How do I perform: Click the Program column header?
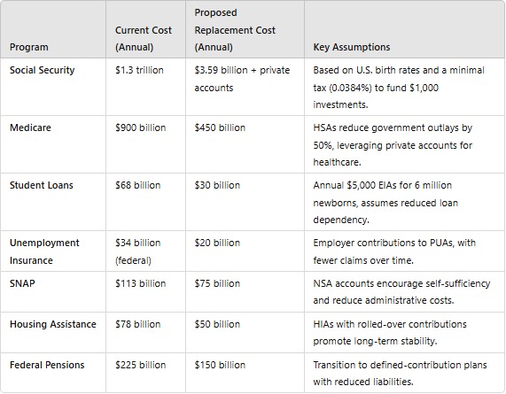(x=29, y=47)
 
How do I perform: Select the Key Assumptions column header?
(x=352, y=47)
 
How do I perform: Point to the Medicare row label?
(x=31, y=127)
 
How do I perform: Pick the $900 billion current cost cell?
(x=141, y=127)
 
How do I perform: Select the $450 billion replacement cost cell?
(x=220, y=127)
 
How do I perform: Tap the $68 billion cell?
(x=137, y=185)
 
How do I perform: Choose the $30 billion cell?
(x=217, y=185)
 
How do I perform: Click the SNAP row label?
(x=23, y=283)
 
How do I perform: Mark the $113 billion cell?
(x=140, y=283)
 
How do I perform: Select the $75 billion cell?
(x=217, y=283)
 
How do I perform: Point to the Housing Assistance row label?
(x=53, y=324)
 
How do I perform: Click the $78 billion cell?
(x=137, y=324)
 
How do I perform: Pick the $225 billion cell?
(x=140, y=365)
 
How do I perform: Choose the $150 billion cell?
(x=220, y=365)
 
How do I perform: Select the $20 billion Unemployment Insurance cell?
(x=217, y=243)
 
